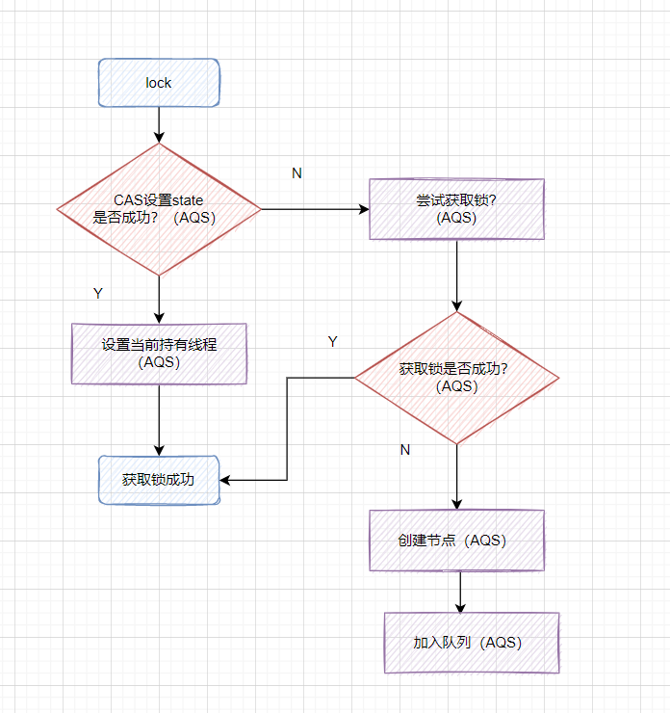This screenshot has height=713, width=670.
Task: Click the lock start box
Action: pyautogui.click(x=159, y=83)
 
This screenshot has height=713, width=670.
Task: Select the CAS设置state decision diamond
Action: pyautogui.click(x=159, y=209)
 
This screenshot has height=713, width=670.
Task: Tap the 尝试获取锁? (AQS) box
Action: pyautogui.click(x=456, y=209)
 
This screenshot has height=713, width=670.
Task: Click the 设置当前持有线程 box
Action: pyautogui.click(x=159, y=353)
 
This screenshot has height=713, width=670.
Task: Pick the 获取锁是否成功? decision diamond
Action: pyautogui.click(x=456, y=377)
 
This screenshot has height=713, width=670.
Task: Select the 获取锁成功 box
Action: pyautogui.click(x=159, y=479)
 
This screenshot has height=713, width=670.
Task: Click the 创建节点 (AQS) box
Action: pyautogui.click(x=456, y=541)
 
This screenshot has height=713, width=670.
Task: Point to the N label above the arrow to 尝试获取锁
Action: pyautogui.click(x=296, y=173)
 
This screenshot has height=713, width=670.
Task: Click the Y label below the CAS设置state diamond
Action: pyautogui.click(x=97, y=293)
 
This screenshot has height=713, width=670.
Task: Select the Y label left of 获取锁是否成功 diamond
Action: pyautogui.click(x=333, y=342)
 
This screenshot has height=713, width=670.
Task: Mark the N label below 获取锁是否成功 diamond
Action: pyautogui.click(x=404, y=450)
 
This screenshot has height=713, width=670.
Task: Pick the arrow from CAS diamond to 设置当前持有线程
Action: pyautogui.click(x=159, y=299)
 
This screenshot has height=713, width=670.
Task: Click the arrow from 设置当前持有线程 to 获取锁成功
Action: pyautogui.click(x=159, y=418)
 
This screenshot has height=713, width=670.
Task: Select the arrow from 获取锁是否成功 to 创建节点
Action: pyautogui.click(x=456, y=476)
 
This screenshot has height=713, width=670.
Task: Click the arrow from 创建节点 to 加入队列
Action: pyautogui.click(x=460, y=591)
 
